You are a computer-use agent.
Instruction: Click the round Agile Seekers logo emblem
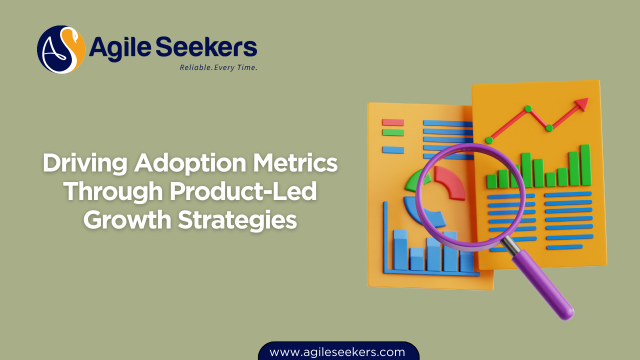[x=61, y=49]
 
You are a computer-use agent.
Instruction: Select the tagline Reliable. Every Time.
[x=218, y=67]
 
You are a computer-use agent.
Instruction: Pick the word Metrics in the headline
[x=297, y=164]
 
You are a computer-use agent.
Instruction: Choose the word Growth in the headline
[x=127, y=220]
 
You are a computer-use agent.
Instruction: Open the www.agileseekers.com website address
[x=337, y=352]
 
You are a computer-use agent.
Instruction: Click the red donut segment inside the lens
[x=450, y=183]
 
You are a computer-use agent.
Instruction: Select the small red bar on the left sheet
[x=393, y=122]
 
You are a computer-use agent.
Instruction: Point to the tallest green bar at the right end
[x=585, y=165]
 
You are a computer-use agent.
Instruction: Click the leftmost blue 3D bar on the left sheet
[x=400, y=250]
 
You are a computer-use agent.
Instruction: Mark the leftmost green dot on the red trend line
[x=488, y=140]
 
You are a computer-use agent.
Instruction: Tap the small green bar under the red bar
[x=393, y=132]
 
